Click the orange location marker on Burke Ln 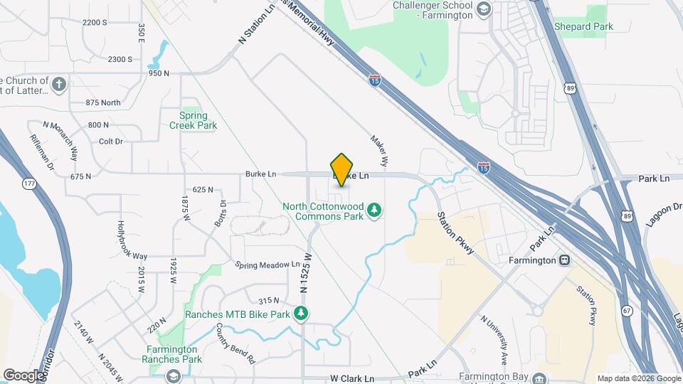coord(342,169)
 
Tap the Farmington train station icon coord(564,260)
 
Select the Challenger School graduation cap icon coord(484,9)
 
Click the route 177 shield coord(29,184)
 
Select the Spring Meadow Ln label coord(268,265)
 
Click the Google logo coord(23,375)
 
